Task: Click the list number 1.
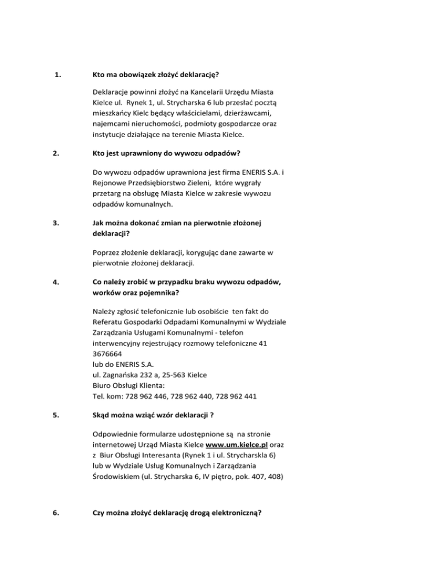57,75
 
